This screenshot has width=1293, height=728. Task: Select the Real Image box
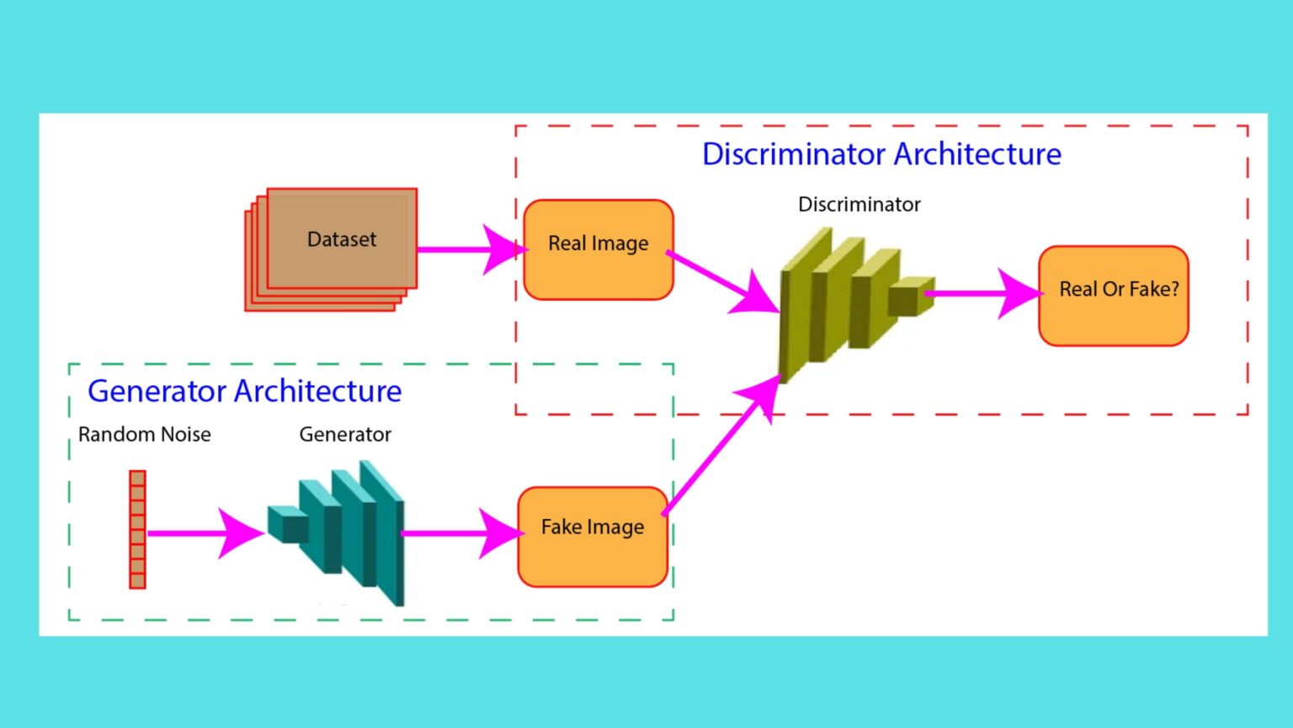tap(598, 249)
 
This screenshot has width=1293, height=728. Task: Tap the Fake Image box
tap(593, 536)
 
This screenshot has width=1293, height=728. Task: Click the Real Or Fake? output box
tap(1113, 295)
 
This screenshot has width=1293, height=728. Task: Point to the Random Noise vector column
tap(137, 529)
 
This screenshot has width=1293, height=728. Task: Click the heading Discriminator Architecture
tap(881, 154)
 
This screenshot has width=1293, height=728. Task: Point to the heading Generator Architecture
tap(244, 391)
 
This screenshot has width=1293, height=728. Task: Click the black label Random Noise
tap(144, 435)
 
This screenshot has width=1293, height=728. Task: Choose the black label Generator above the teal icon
tap(345, 435)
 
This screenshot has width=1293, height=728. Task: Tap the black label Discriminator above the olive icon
tap(859, 205)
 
